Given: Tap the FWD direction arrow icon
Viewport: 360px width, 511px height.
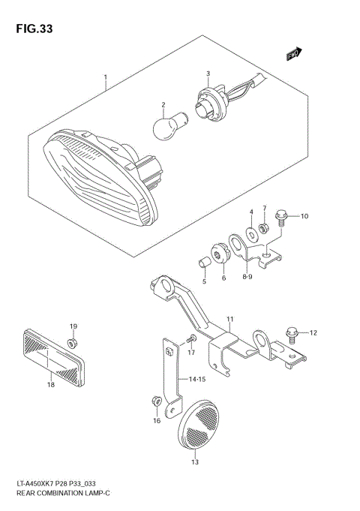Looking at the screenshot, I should pyautogui.click(x=293, y=54).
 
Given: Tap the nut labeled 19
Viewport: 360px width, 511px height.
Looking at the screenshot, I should pyautogui.click(x=73, y=343).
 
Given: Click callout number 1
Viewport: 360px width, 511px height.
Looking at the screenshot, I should pyautogui.click(x=106, y=77).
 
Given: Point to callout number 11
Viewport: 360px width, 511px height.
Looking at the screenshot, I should pyautogui.click(x=230, y=319).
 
